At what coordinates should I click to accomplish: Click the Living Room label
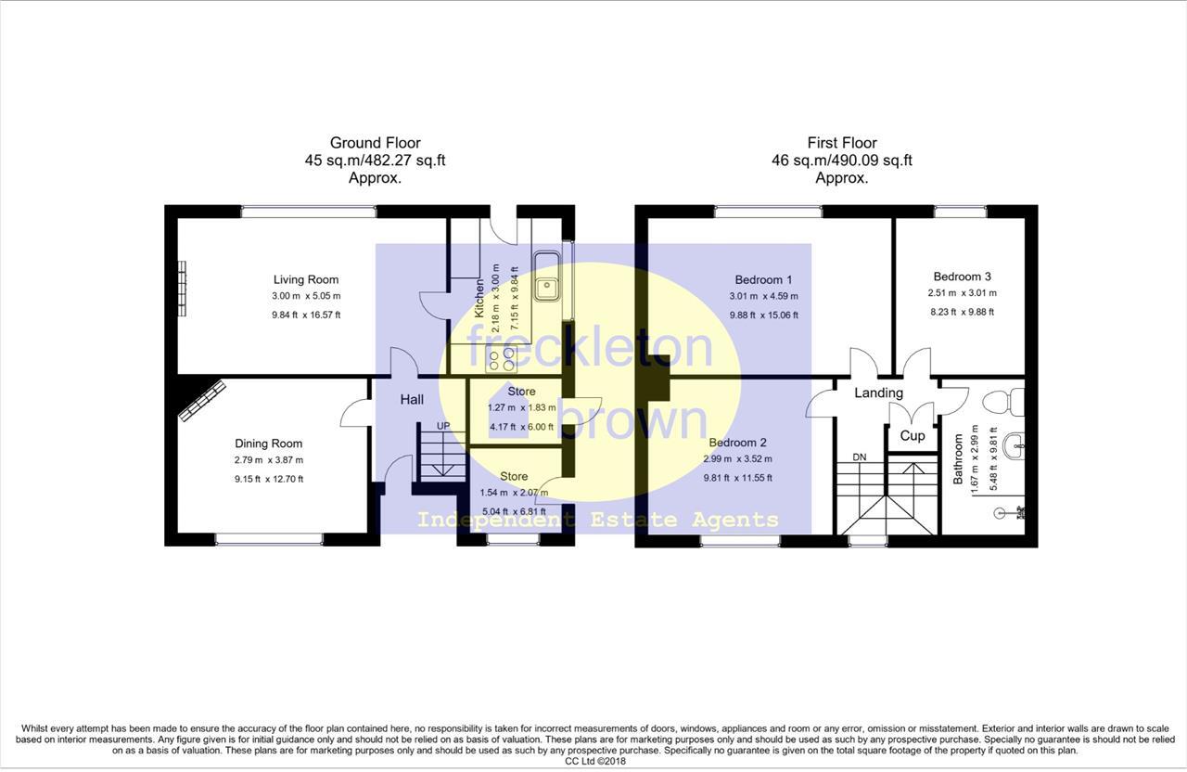305,279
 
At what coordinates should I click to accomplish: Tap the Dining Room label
268,444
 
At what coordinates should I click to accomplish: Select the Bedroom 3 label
962,277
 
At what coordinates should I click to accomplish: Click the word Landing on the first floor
878,392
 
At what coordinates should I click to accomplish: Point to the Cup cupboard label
913,435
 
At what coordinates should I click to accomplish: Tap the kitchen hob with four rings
502,359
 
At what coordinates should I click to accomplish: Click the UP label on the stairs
444,426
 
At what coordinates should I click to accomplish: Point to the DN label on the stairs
860,457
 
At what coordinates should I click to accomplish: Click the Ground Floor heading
375,143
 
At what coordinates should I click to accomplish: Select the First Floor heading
842,143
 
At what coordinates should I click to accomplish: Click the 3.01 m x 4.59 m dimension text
763,297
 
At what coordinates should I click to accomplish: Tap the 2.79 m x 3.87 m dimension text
268,460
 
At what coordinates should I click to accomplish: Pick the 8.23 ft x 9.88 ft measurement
962,312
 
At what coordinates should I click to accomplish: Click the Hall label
412,399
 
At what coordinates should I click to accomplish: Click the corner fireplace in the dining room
203,399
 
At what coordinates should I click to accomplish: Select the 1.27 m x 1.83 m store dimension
521,407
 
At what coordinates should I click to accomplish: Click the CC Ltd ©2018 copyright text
593,761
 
